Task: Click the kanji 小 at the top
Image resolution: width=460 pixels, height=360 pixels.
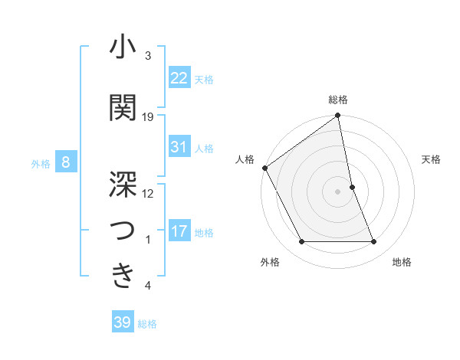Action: point(123,48)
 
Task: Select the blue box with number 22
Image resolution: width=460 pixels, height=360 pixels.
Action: point(179,77)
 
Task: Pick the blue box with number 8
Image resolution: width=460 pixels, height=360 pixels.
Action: point(66,162)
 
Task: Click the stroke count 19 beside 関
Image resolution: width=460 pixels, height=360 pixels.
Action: point(148,117)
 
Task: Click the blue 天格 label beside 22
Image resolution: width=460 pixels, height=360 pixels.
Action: point(204,79)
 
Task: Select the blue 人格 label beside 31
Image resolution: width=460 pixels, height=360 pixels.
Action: point(204,148)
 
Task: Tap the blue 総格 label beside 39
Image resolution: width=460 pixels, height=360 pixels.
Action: point(147,324)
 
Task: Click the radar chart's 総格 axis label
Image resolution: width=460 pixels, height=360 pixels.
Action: point(338,100)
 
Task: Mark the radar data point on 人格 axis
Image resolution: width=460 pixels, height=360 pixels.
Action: point(264,168)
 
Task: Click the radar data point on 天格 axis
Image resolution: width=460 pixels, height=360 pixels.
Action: point(352,187)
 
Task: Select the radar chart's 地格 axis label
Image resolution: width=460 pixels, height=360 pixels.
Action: point(402,262)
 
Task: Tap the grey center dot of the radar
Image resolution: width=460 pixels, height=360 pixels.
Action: point(338,191)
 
